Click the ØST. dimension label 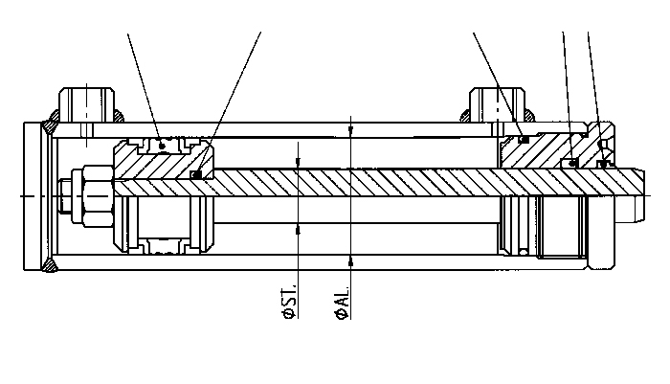pyautogui.click(x=289, y=301)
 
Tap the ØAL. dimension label pyautogui.click(x=343, y=303)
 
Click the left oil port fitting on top pyautogui.click(x=86, y=105)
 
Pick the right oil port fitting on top pyautogui.click(x=498, y=105)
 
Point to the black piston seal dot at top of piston pyautogui.click(x=162, y=146)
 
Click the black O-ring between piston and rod pyautogui.click(x=196, y=174)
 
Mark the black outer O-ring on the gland pyautogui.click(x=524, y=139)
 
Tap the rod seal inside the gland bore pyautogui.click(x=573, y=163)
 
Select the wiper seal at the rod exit pyautogui.click(x=603, y=164)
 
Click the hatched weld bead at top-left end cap pyautogui.click(x=49, y=128)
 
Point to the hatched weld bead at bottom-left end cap pyautogui.click(x=49, y=264)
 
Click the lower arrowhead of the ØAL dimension pyautogui.click(x=351, y=260)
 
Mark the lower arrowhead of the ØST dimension pyautogui.click(x=298, y=229)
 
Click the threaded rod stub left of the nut pyautogui.click(x=65, y=196)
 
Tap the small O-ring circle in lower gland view pyautogui.click(x=524, y=251)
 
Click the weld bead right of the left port pyautogui.click(x=119, y=116)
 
